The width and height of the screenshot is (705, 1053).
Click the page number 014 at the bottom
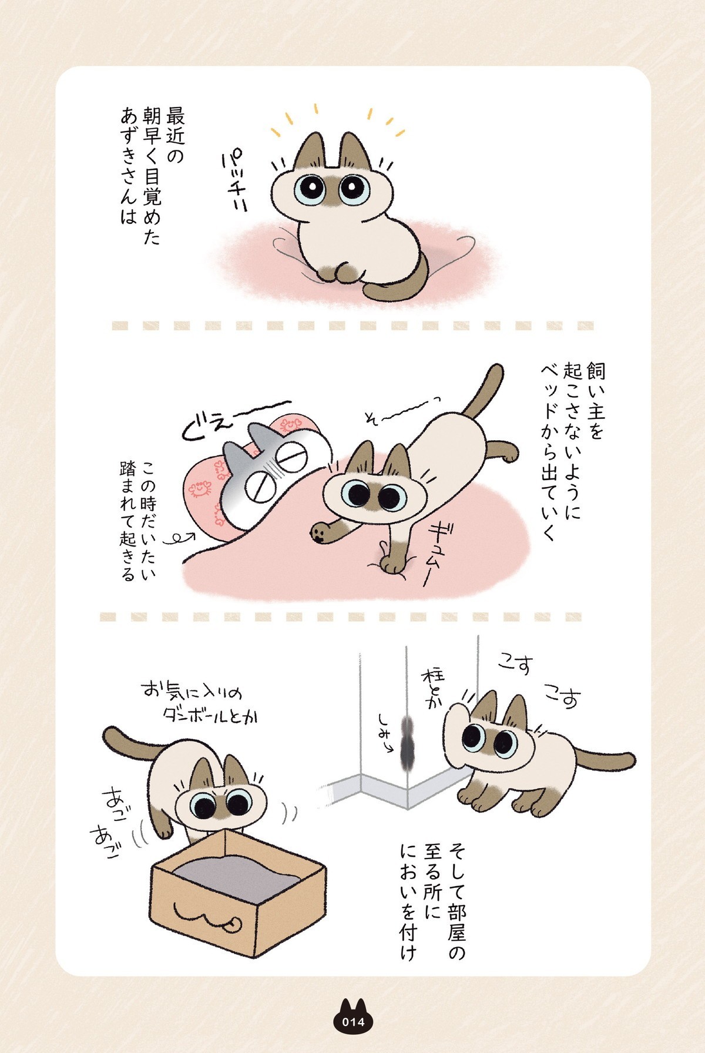coord(353,1022)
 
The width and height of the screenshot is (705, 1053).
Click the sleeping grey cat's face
coord(276,470)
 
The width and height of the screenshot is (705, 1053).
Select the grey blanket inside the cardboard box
coord(240,869)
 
